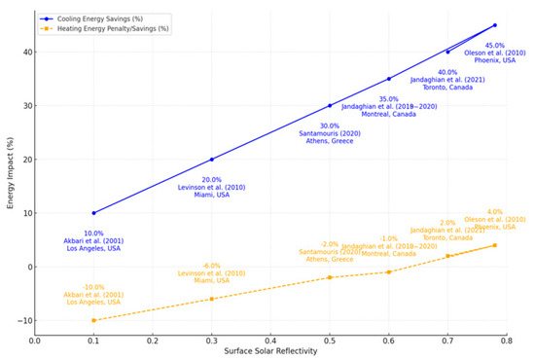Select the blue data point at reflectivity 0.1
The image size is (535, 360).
pyautogui.click(x=93, y=213)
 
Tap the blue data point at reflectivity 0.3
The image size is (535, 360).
pyautogui.click(x=212, y=160)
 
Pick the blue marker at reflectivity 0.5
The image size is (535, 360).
pyautogui.click(x=330, y=105)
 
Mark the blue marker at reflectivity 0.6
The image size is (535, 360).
pyautogui.click(x=389, y=79)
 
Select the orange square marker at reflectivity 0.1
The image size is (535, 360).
pyautogui.click(x=93, y=320)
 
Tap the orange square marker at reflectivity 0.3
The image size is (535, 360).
pyautogui.click(x=212, y=299)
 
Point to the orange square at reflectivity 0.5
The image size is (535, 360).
pyautogui.click(x=330, y=277)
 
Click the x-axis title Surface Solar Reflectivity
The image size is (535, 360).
pyautogui.click(x=270, y=353)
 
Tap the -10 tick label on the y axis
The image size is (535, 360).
pyautogui.click(x=23, y=320)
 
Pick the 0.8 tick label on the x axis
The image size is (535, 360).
pyautogui.click(x=507, y=342)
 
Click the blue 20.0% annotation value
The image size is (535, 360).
pyautogui.click(x=211, y=180)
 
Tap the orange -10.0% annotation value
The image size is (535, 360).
pyautogui.click(x=93, y=287)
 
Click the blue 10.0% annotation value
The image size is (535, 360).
pyautogui.click(x=93, y=234)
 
